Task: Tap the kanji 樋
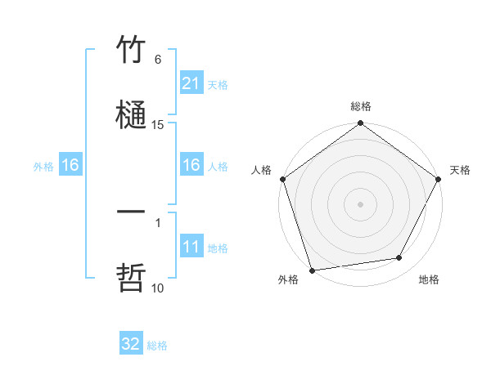pyautogui.click(x=131, y=114)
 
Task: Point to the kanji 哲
pyautogui.click(x=131, y=278)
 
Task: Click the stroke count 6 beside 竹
pyautogui.click(x=158, y=60)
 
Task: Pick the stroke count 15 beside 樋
pyautogui.click(x=158, y=124)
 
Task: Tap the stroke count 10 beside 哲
pyautogui.click(x=158, y=288)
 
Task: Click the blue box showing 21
pyautogui.click(x=191, y=83)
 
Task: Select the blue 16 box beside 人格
pyautogui.click(x=191, y=165)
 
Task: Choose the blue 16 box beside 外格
pyautogui.click(x=70, y=165)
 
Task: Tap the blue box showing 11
pyautogui.click(x=191, y=247)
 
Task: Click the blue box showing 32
pyautogui.click(x=131, y=344)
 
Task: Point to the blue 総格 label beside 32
pyautogui.click(x=157, y=346)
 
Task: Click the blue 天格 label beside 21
pyautogui.click(x=218, y=84)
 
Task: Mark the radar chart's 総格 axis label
pyautogui.click(x=361, y=107)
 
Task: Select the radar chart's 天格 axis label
pyautogui.click(x=460, y=170)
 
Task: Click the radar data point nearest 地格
pyautogui.click(x=399, y=257)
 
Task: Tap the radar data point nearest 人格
pyautogui.click(x=283, y=179)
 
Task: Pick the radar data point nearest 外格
pyautogui.click(x=312, y=270)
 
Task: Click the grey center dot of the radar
pyautogui.click(x=361, y=203)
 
